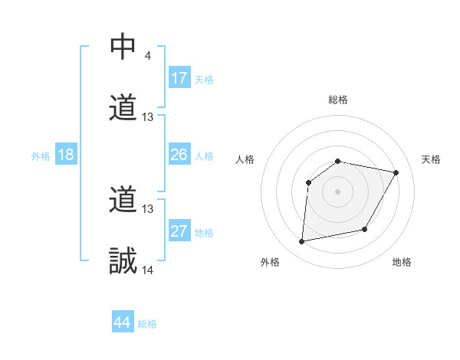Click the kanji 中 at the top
click(123, 47)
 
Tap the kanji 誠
click(123, 261)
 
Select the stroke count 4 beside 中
click(146, 55)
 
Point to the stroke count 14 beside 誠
click(148, 270)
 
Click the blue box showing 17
click(179, 78)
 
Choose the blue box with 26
click(179, 155)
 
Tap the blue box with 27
click(179, 231)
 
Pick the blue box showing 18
click(66, 155)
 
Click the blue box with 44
click(123, 322)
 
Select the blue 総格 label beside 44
click(147, 324)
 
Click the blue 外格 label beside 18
click(41, 156)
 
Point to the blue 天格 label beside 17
click(204, 80)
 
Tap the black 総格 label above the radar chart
click(338, 100)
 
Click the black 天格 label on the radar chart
click(432, 159)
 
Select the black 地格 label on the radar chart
click(402, 262)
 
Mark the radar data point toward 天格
click(396, 172)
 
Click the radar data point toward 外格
click(302, 242)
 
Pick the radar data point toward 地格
click(365, 230)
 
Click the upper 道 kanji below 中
click(123, 108)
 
